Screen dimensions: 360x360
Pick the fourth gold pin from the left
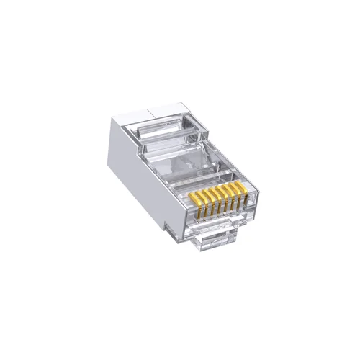point(215,201)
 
